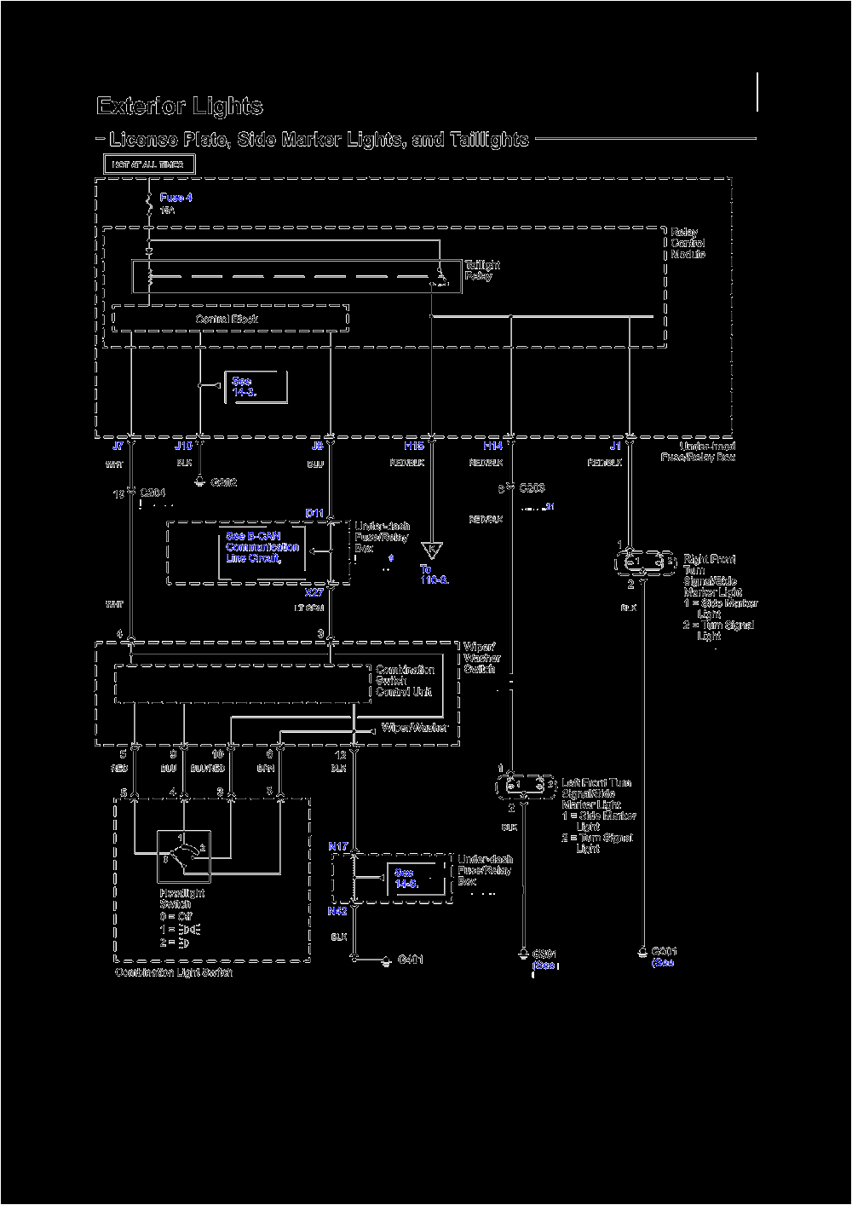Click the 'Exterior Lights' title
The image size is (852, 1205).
180,107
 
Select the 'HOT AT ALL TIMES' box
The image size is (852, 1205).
149,164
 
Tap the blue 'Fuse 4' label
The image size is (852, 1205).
176,198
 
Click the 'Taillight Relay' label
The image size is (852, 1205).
482,270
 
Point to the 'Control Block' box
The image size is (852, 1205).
230,320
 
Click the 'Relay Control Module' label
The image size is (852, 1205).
688,243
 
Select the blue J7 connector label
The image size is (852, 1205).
118,446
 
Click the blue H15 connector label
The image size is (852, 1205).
413,446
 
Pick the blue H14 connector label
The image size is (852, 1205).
492,446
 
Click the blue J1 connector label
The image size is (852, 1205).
614,446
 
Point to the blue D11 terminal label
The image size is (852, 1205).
314,513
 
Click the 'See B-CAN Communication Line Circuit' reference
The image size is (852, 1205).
262,547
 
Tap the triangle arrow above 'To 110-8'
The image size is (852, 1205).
432,550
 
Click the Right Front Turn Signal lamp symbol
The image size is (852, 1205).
646,562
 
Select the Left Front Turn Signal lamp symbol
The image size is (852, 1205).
526,785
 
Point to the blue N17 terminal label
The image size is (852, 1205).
338,846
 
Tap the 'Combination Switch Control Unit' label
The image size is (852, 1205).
405,681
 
